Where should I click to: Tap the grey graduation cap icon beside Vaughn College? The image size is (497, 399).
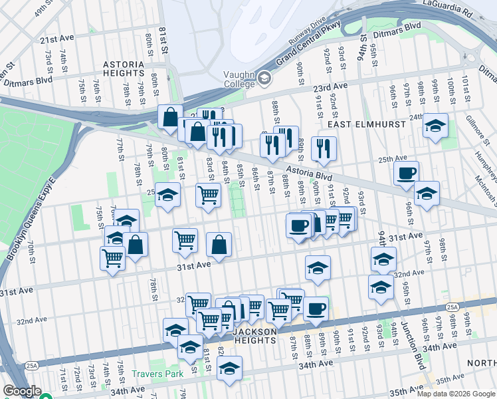[264, 79]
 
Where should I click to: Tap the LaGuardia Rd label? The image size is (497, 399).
[472, 11]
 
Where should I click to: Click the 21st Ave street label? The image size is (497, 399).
[55, 40]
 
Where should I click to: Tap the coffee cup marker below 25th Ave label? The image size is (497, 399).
[406, 174]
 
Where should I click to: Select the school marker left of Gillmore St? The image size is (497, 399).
[435, 126]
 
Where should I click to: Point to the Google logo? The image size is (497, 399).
[22, 391]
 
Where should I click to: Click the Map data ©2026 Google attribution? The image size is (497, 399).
[456, 394]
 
